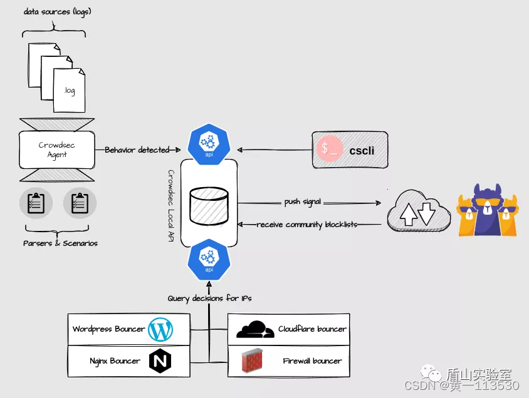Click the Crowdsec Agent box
click(x=57, y=150)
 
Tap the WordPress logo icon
click(x=160, y=329)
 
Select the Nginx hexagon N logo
click(x=160, y=361)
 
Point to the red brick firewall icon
click(x=253, y=361)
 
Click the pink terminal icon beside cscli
click(x=330, y=150)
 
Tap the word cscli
click(x=362, y=150)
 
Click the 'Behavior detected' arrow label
click(x=137, y=150)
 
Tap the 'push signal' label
click(x=303, y=202)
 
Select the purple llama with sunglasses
click(x=488, y=210)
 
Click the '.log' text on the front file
click(x=69, y=91)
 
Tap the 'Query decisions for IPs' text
click(x=209, y=298)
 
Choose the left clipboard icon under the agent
click(x=36, y=203)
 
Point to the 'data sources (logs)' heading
click(x=58, y=12)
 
